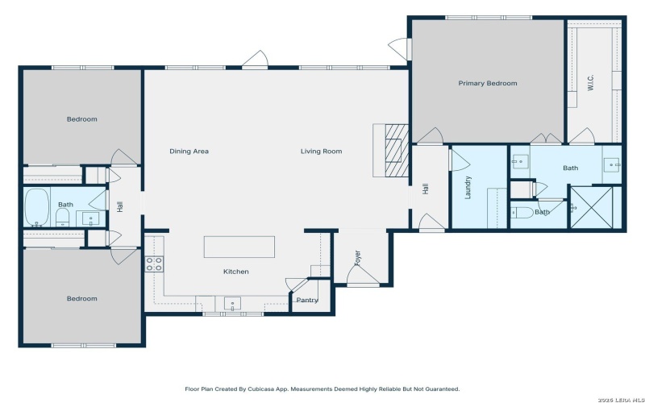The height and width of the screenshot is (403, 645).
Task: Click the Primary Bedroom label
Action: click(487, 83)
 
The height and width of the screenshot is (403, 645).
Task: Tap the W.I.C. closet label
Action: click(590, 84)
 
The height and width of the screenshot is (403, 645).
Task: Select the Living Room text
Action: click(321, 151)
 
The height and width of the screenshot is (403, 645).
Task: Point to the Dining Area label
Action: click(189, 151)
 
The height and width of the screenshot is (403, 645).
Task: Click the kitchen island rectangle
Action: click(239, 247)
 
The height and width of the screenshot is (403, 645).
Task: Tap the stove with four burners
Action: click(153, 264)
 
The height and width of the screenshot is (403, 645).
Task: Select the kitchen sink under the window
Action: click(232, 304)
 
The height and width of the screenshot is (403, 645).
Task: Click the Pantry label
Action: click(306, 300)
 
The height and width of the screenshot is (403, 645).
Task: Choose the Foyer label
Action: click(357, 257)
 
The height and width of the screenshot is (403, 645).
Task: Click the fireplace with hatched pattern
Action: click(393, 150)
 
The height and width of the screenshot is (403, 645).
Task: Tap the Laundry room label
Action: click(468, 188)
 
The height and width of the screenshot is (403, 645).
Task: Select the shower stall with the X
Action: click(596, 207)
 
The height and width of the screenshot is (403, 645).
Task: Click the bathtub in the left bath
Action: click(37, 206)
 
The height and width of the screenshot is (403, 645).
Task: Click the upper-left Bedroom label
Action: click(81, 119)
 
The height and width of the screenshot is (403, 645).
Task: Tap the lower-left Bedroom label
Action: click(81, 298)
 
